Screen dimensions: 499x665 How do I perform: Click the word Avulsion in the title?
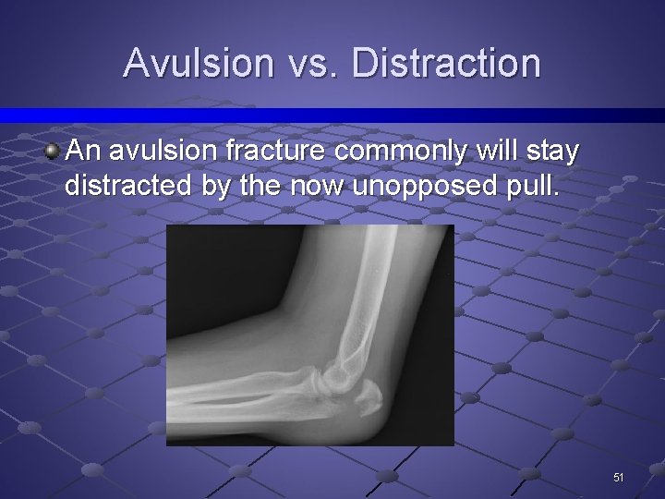tap(199, 63)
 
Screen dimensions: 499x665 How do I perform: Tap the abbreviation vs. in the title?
tap(312, 63)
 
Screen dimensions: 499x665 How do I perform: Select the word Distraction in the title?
tap(446, 63)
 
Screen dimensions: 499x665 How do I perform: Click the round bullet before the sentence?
tap(54, 151)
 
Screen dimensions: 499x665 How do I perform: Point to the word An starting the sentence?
tap(82, 152)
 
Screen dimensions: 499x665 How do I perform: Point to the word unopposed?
tap(404, 187)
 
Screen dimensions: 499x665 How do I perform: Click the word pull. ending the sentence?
tap(529, 187)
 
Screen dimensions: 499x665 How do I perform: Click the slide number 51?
tap(618, 478)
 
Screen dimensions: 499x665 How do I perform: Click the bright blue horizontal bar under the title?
tap(332, 116)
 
